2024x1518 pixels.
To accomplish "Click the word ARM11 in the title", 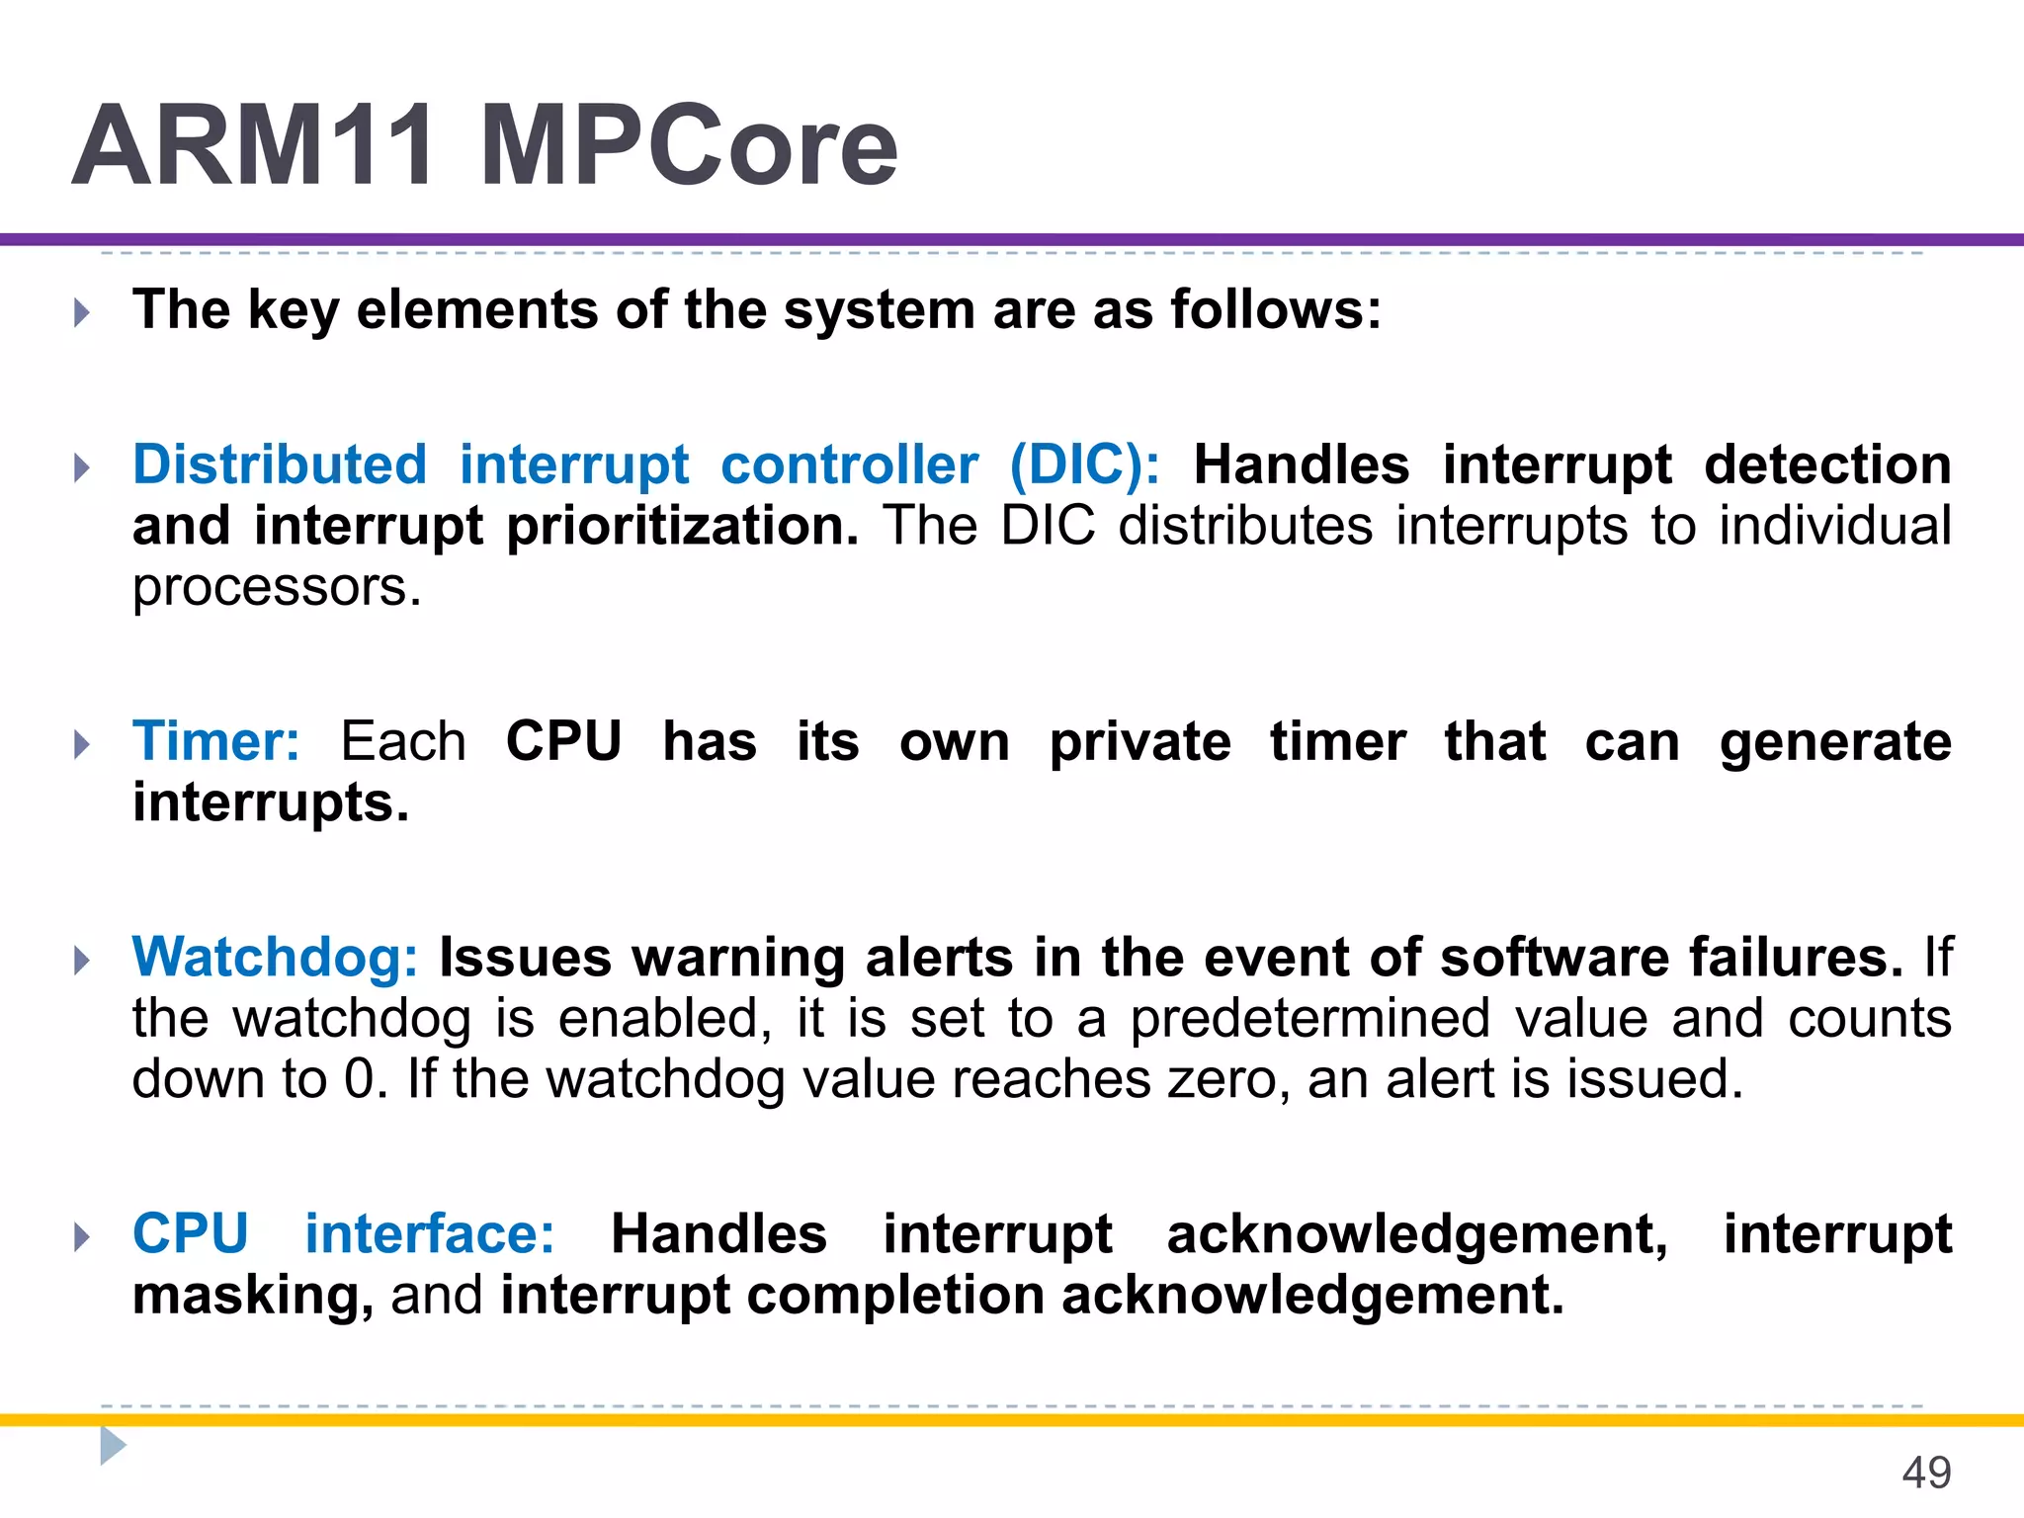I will pos(253,146).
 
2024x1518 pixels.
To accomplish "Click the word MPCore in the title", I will pos(689,146).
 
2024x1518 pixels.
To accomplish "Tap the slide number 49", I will pos(1925,1473).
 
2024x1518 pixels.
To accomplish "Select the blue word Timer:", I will pos(216,741).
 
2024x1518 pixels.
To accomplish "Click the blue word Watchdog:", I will pos(276,959).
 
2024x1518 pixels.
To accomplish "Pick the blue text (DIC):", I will pos(1084,464).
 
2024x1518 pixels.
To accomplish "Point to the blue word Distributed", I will pos(280,464).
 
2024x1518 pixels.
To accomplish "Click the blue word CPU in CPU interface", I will pos(191,1234).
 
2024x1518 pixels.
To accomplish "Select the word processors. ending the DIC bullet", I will pos(277,587).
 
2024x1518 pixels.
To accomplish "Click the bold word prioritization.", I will pos(683,526).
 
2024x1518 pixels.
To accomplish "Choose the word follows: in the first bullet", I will pos(1276,310).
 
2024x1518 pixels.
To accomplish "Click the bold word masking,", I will pos(253,1296).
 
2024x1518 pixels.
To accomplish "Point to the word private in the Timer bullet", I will pos(1139,741).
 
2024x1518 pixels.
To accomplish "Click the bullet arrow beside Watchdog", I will pos(82,960).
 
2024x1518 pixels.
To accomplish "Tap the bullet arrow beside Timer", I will pos(82,744).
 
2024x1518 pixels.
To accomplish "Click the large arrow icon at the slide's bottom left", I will pos(113,1446).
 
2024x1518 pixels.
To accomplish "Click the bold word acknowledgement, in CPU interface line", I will pos(1417,1235).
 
